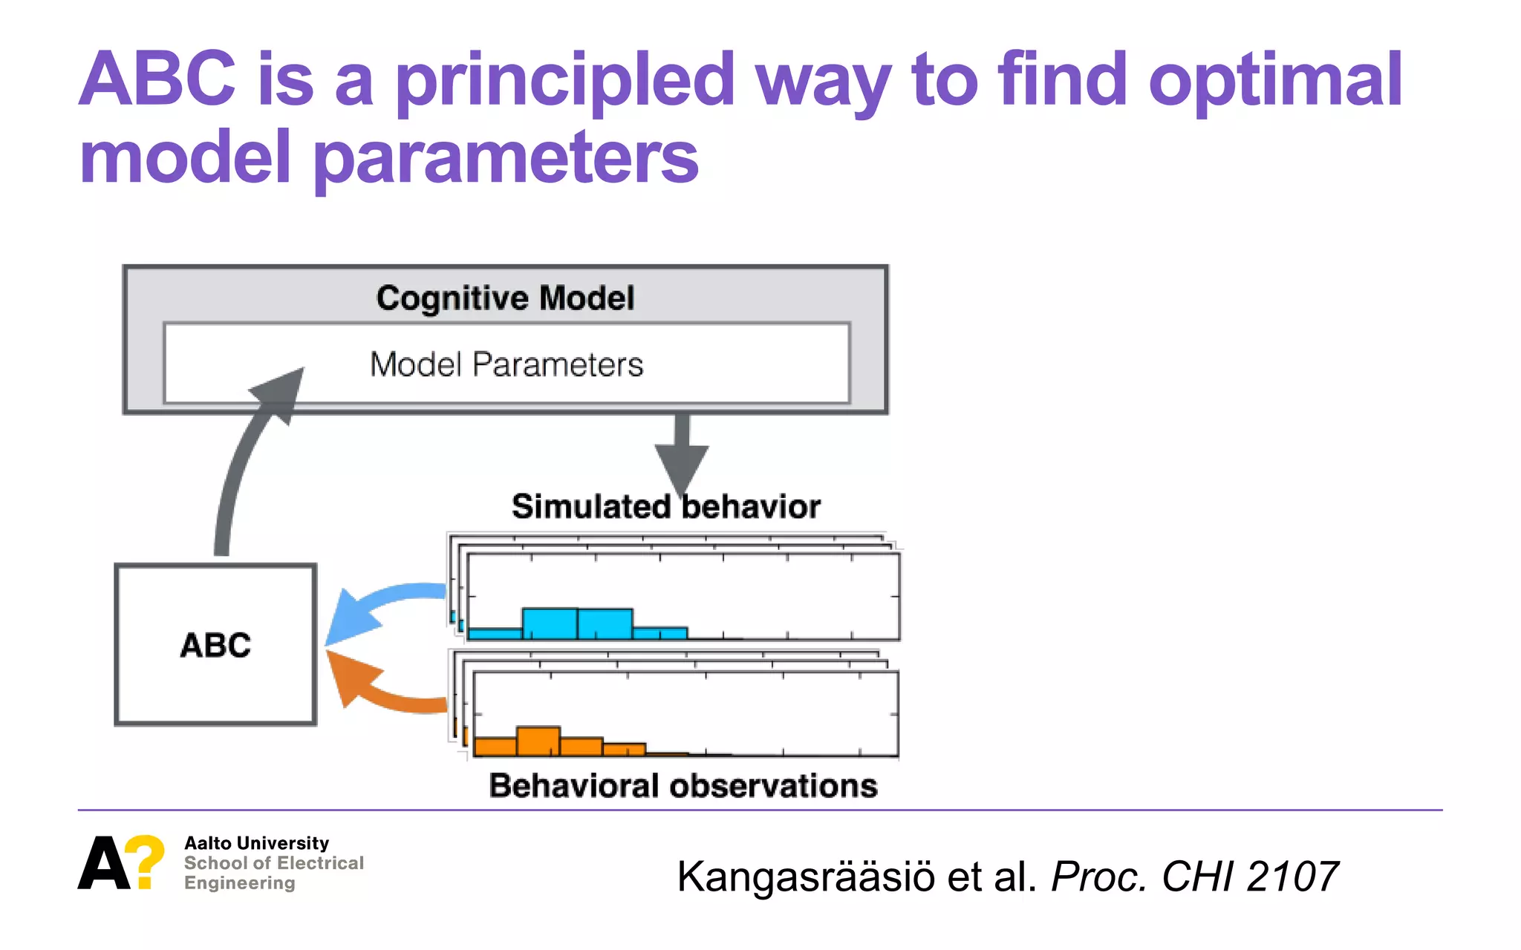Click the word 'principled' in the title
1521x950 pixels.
[564, 82]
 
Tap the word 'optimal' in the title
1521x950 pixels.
[1274, 82]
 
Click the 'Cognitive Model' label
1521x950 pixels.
[505, 298]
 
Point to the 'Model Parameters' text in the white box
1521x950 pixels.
[507, 364]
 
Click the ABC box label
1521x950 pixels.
[215, 645]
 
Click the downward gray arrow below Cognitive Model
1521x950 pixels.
[682, 453]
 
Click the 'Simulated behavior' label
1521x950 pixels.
[665, 507]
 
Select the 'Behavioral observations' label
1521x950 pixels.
[683, 785]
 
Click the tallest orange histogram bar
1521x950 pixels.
[538, 741]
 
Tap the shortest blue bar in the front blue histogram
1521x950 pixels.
[659, 633]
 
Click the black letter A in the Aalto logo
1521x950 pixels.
[103, 863]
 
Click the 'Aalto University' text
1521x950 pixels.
[256, 843]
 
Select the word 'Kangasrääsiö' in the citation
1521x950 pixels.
[806, 877]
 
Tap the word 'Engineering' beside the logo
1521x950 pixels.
[239, 883]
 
